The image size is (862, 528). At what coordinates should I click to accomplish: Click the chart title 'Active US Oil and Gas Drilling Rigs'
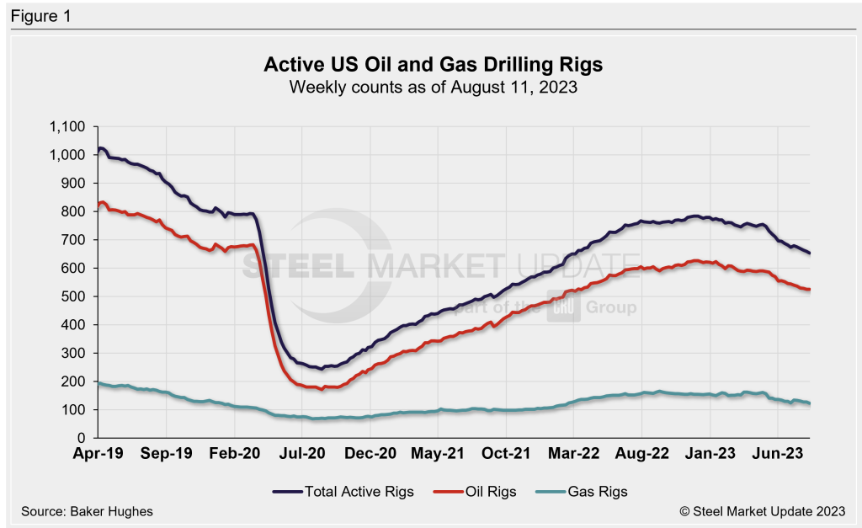[434, 65]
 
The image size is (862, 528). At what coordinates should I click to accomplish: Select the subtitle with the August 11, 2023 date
[434, 87]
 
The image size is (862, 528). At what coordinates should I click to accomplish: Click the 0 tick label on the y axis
[82, 438]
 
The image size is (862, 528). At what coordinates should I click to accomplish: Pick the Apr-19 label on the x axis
[98, 454]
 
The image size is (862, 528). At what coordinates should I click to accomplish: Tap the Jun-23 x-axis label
[777, 454]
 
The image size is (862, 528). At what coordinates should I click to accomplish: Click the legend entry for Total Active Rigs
[343, 491]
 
